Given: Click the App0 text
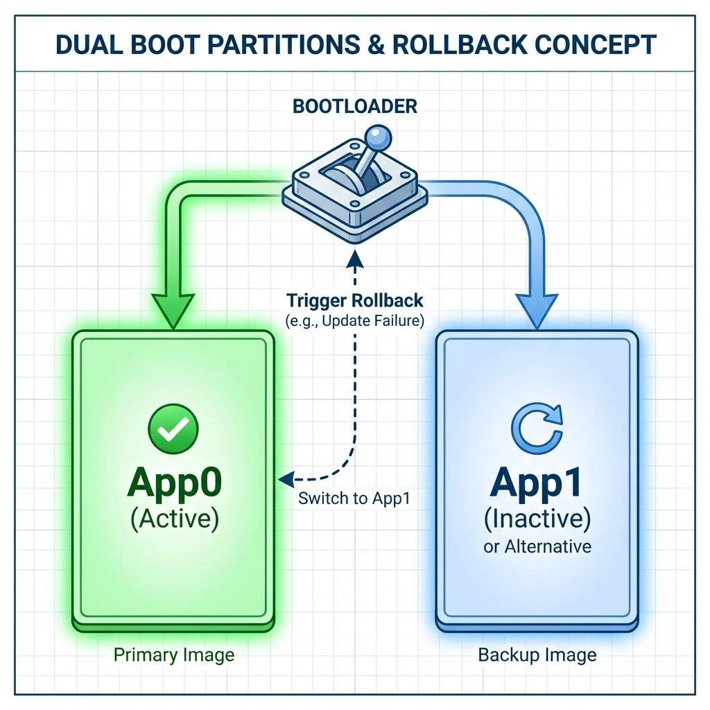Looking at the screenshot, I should (x=173, y=484).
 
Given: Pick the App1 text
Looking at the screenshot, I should (x=537, y=484).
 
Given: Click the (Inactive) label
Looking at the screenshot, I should (x=537, y=519).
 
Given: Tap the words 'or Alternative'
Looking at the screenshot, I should (x=537, y=546).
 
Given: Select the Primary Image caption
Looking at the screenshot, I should (x=173, y=655).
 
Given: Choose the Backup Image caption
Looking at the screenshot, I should (x=537, y=655).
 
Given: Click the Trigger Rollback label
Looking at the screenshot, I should (x=355, y=302).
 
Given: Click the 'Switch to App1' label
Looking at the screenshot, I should (x=355, y=499).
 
